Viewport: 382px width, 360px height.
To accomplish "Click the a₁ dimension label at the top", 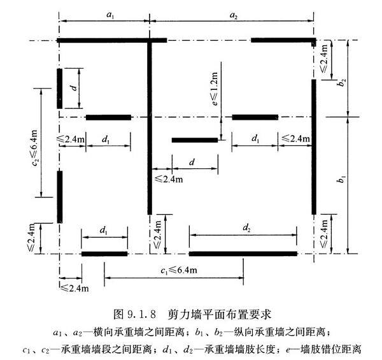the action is tap(110, 15).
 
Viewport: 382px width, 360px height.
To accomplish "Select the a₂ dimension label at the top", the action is tap(234, 15).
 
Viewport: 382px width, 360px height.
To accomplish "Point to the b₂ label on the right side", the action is tap(343, 82).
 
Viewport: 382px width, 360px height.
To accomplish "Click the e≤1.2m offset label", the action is tap(215, 89).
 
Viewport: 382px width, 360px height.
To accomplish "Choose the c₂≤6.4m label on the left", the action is tap(34, 148).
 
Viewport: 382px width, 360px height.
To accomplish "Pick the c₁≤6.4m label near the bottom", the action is tap(178, 270).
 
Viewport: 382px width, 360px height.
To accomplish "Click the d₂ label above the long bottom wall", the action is tap(246, 227).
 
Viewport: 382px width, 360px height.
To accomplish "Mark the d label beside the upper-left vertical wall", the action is tap(74, 87).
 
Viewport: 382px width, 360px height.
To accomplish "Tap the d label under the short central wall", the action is tap(192, 162).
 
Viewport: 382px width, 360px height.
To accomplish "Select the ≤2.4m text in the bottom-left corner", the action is tap(74, 288).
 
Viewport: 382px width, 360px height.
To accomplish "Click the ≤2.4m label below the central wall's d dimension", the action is tap(169, 180).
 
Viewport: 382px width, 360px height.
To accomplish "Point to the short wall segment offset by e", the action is tap(195, 140).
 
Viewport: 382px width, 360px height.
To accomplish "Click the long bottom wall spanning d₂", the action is tap(243, 254).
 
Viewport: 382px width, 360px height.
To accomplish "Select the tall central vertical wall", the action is tap(150, 127).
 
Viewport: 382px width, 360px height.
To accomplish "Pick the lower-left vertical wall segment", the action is tap(60, 197).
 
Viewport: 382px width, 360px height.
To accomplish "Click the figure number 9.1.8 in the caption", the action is tap(141, 314).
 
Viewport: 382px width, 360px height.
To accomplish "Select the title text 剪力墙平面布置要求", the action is tap(219, 314).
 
